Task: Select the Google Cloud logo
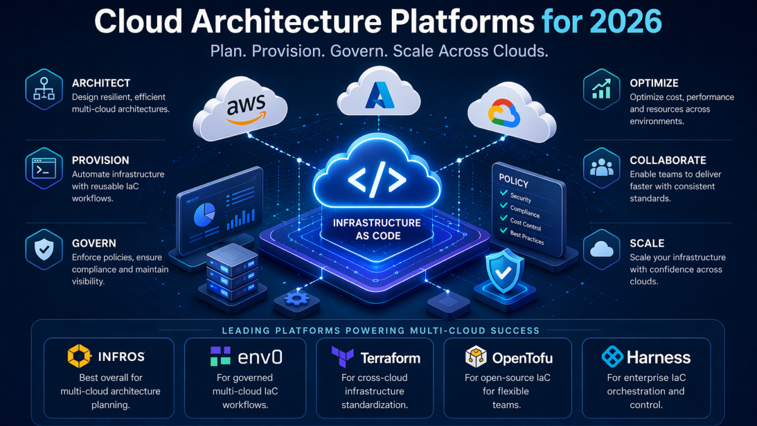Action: [503, 114]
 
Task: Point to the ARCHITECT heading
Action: [101, 83]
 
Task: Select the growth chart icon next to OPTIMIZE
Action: [602, 90]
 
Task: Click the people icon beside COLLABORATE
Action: [602, 168]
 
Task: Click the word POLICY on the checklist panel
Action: [513, 182]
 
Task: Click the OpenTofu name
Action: [522, 358]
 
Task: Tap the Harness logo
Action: [611, 357]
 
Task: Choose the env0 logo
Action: [221, 357]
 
